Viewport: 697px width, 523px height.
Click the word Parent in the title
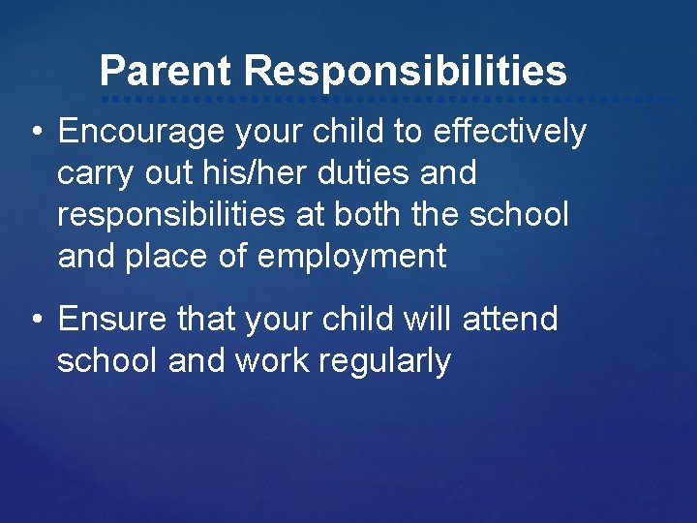[x=166, y=72]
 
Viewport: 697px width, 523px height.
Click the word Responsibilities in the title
[x=405, y=72]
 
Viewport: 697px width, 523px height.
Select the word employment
[x=354, y=257]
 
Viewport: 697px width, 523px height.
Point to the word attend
[x=509, y=319]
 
